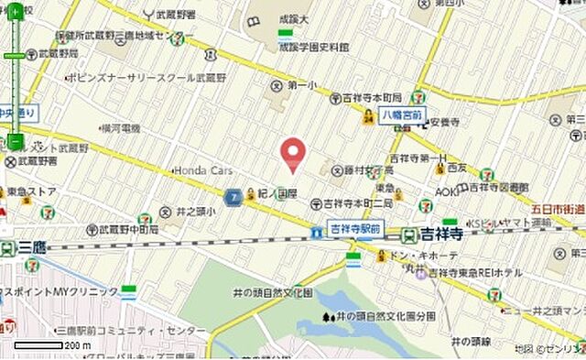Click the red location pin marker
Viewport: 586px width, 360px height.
coord(293,154)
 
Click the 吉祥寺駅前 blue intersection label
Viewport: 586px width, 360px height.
coord(354,228)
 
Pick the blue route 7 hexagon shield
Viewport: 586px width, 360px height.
coord(233,196)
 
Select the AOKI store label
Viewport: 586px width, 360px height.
coord(447,191)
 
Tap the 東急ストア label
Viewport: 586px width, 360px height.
coord(31,191)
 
